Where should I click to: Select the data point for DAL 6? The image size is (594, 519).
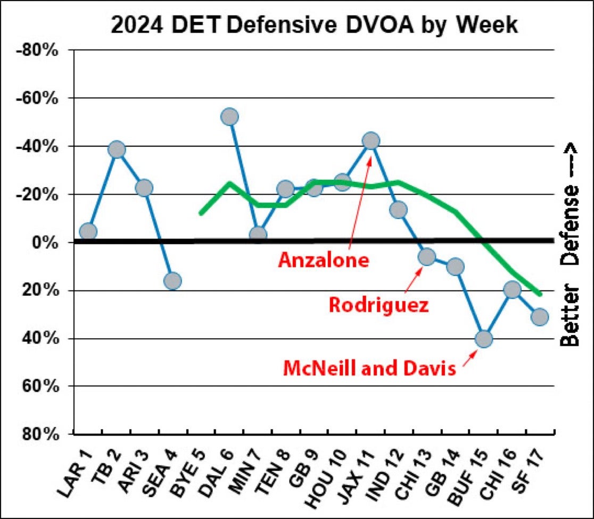229,116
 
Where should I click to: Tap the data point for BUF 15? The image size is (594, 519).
483,339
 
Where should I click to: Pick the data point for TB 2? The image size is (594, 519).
116,149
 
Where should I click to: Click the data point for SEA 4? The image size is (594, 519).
172,281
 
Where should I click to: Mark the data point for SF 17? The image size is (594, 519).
539,317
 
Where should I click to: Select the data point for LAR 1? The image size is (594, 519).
88,231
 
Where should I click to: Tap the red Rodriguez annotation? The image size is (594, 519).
378,305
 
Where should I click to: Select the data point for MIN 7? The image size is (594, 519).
258,235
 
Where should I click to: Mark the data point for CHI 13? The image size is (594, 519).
426,257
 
